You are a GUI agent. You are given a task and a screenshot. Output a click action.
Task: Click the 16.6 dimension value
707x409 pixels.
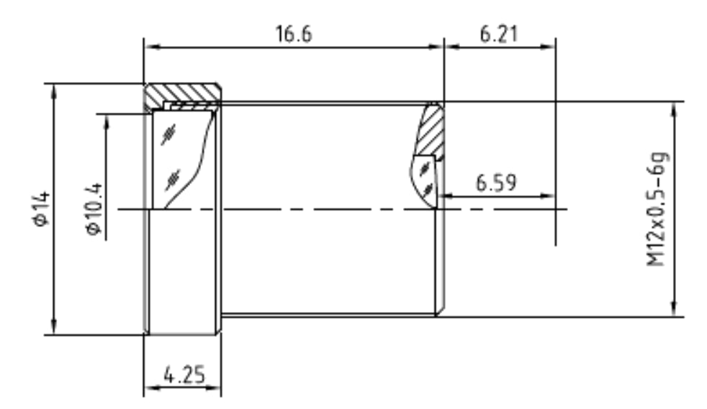(x=294, y=35)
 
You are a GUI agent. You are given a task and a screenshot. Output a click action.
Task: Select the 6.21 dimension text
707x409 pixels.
(x=499, y=35)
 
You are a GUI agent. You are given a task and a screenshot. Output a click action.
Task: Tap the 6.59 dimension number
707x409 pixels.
(x=496, y=183)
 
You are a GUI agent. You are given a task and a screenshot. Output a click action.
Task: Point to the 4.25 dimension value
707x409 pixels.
(x=184, y=375)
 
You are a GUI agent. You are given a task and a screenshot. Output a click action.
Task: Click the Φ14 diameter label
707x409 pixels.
(x=42, y=208)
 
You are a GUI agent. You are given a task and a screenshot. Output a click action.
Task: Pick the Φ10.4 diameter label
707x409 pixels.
(x=94, y=208)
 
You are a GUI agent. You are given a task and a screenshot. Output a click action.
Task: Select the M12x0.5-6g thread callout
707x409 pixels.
(x=657, y=209)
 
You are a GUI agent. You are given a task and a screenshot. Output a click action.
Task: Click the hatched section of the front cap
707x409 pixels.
(x=183, y=93)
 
